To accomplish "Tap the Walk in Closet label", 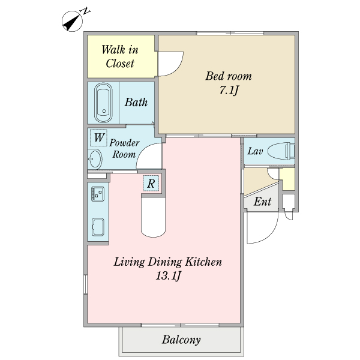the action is click(x=120, y=56).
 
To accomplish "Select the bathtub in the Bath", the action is click(x=103, y=103).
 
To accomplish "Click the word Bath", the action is click(x=136, y=103).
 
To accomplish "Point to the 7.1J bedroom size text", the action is click(x=229, y=90).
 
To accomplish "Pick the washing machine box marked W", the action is click(x=98, y=137).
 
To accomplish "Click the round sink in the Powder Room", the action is click(x=95, y=158).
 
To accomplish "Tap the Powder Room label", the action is click(x=124, y=148).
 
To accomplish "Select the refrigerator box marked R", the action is click(x=151, y=183).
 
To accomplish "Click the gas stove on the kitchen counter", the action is click(x=98, y=194).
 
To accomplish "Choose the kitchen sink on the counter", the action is click(x=98, y=227).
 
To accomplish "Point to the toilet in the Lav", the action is click(x=281, y=151).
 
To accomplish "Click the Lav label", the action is click(x=255, y=151).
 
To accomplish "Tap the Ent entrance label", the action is click(x=262, y=202).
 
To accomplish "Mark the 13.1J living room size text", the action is click(x=169, y=275).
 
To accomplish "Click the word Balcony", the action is click(x=181, y=340).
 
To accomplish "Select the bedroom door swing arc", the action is click(x=176, y=68).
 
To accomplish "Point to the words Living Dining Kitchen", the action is click(x=168, y=262).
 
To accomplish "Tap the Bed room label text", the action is click(x=229, y=76).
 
